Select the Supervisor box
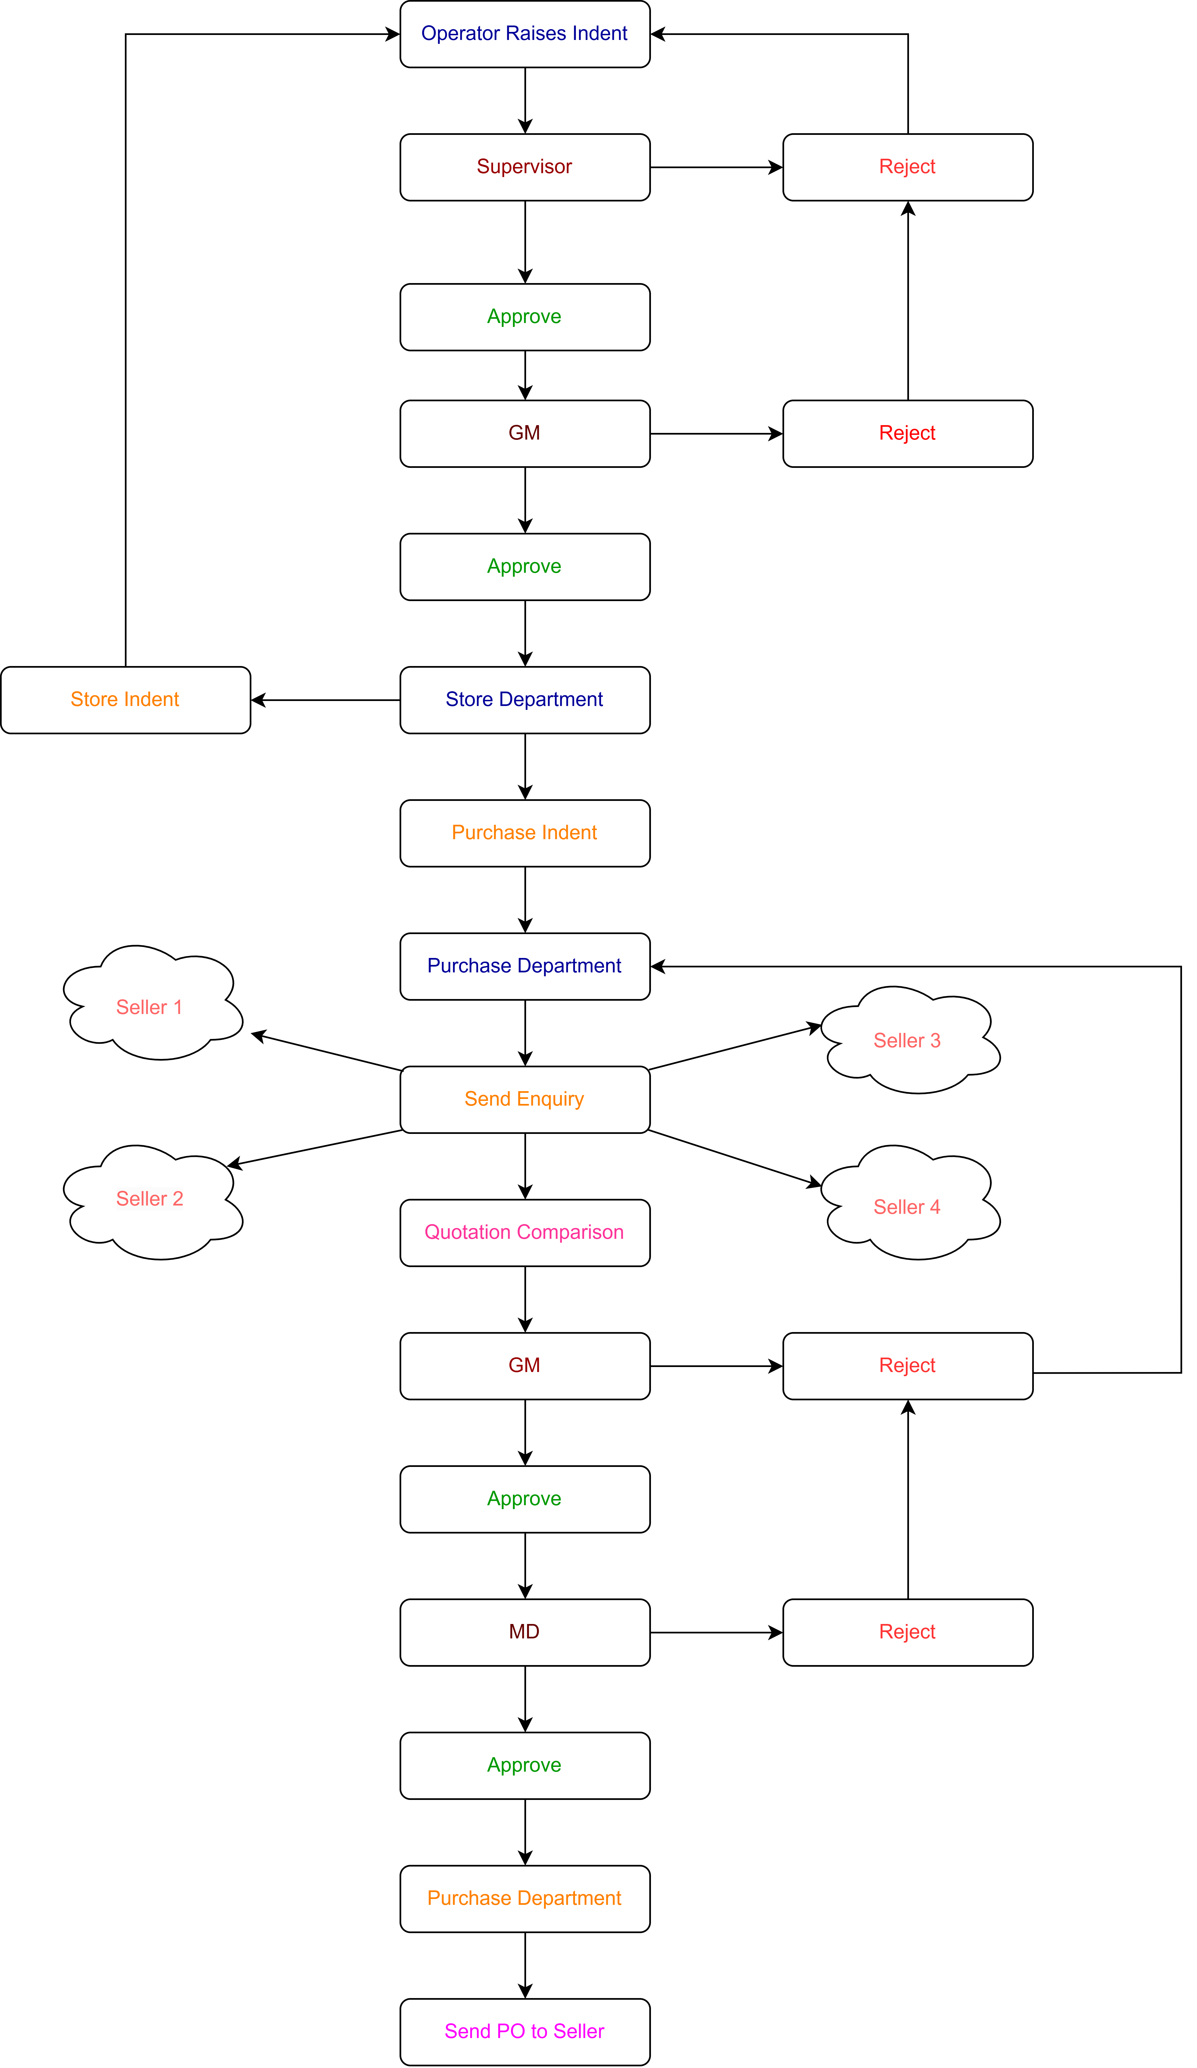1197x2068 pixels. (x=525, y=167)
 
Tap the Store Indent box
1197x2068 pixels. (x=125, y=700)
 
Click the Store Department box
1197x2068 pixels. (x=525, y=700)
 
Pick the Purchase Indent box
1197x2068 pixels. (x=525, y=833)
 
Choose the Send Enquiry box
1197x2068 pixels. (x=525, y=1100)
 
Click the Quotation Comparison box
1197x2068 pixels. (x=525, y=1233)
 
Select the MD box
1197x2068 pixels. (x=525, y=1632)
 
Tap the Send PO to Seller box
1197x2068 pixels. (x=525, y=2032)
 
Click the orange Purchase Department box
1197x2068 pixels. (x=525, y=1899)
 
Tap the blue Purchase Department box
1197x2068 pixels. (x=525, y=967)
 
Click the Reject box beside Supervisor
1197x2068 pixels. (x=908, y=167)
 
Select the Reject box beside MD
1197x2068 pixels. (x=908, y=1632)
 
